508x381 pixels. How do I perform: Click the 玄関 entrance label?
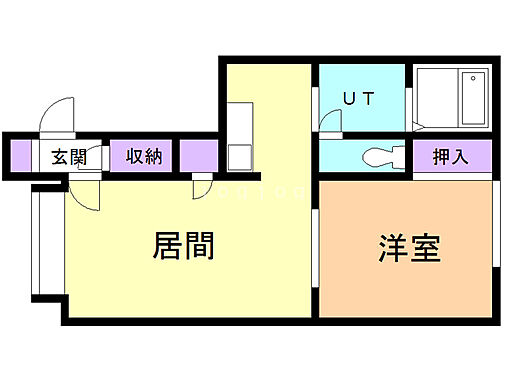coord(70,156)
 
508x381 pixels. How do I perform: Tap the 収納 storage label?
coord(144,156)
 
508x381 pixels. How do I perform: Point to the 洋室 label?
coord(410,248)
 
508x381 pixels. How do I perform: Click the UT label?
coord(358,99)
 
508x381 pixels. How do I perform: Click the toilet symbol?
coord(379,157)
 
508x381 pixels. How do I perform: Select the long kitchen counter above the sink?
coord(240,120)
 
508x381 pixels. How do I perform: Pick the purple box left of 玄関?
coord(21,156)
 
